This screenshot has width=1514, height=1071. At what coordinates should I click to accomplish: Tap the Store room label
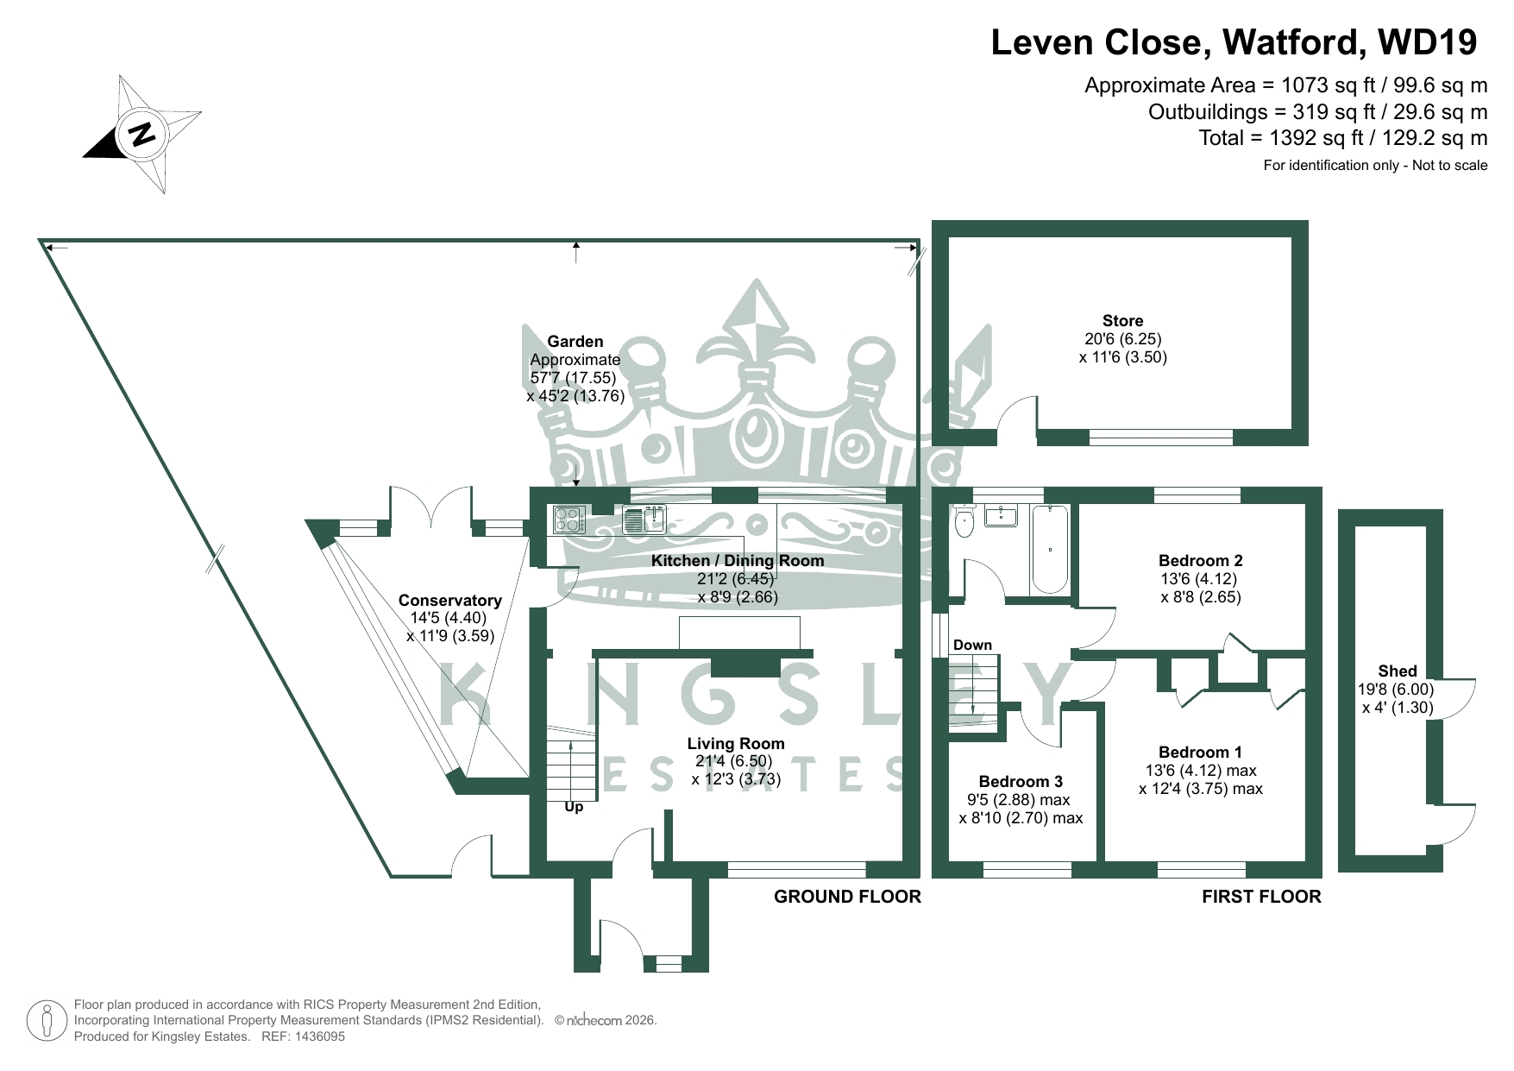(x=1122, y=321)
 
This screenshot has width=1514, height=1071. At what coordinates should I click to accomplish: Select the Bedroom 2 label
(x=1200, y=561)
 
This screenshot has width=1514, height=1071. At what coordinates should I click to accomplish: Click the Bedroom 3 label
(x=1021, y=782)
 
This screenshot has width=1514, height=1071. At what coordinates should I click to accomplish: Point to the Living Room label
(x=736, y=744)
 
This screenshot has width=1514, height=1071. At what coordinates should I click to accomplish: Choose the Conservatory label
(x=449, y=601)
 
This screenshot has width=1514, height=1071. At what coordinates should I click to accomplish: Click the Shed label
(x=1397, y=671)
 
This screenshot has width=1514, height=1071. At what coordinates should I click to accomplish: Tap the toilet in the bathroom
(x=964, y=521)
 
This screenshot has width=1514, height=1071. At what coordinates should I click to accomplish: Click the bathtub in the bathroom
(x=1049, y=549)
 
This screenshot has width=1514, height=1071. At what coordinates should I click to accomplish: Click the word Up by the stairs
(x=574, y=807)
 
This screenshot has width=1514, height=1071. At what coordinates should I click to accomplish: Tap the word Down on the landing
(x=972, y=645)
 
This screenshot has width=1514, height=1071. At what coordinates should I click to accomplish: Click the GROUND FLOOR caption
(x=847, y=897)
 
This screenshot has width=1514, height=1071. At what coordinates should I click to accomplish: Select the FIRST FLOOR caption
(x=1261, y=897)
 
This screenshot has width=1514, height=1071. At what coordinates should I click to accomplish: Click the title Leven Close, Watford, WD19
(x=1234, y=42)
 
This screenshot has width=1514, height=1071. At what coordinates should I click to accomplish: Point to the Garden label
(x=575, y=342)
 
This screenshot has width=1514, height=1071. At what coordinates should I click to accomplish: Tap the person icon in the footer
(x=47, y=1021)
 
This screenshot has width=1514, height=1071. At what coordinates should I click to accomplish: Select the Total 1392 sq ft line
(x=1342, y=138)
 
